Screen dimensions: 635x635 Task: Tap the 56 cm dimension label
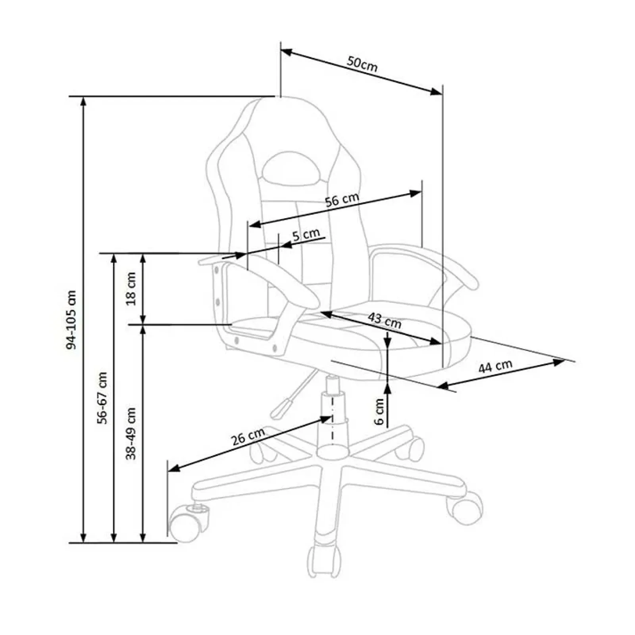coord(342,200)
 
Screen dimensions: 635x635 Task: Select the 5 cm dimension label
coord(306,235)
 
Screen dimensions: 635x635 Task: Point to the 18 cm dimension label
coord(131,288)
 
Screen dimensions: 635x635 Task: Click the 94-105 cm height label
coord(71,319)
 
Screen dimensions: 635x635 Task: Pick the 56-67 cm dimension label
coord(103,398)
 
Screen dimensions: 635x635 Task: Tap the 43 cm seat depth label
coord(384,321)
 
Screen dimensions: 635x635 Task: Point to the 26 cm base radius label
coord(248,437)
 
